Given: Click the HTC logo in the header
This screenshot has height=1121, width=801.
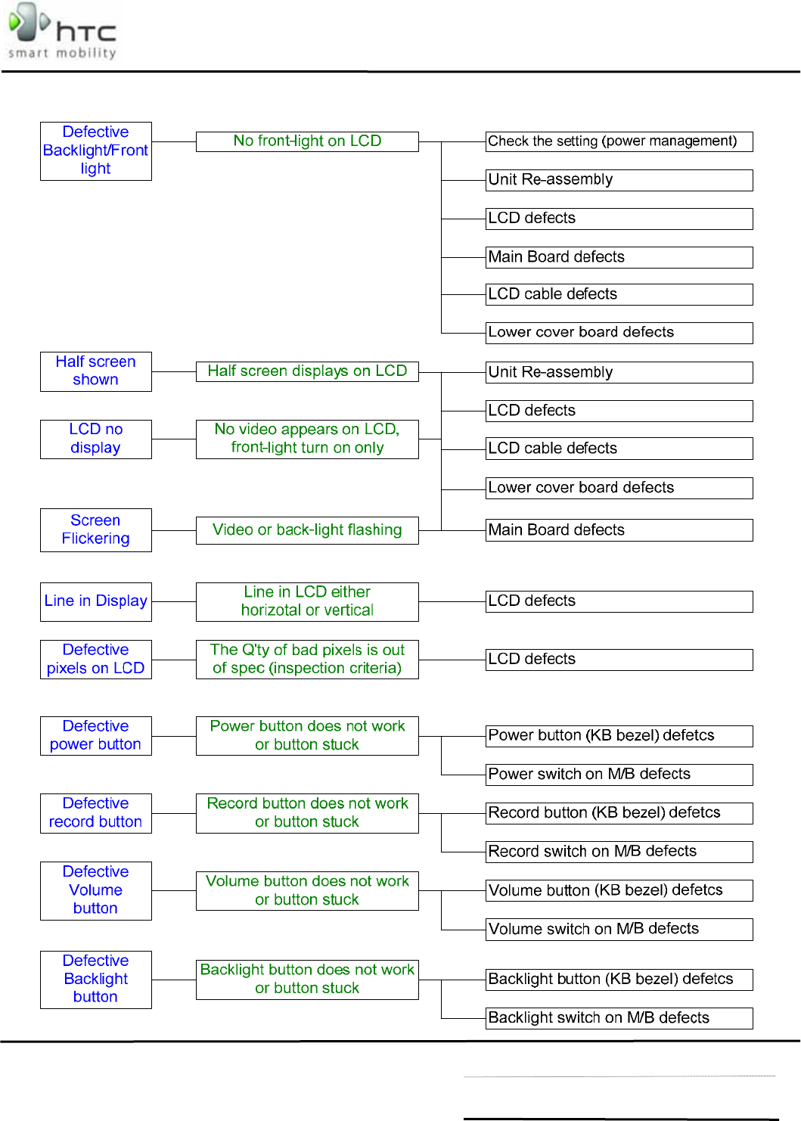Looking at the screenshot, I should (x=62, y=29).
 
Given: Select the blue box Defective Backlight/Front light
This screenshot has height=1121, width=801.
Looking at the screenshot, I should (x=96, y=151).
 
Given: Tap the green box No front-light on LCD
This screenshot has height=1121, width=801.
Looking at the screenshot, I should (x=307, y=141).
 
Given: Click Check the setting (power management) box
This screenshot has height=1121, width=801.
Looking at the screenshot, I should (x=619, y=141).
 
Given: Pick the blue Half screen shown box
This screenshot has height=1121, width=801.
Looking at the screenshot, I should (x=96, y=371).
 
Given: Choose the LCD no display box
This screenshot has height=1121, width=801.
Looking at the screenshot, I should (x=96, y=439).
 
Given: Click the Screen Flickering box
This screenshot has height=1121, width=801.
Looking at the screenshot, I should (x=96, y=529).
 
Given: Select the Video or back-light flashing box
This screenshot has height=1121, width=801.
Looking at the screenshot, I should (x=307, y=530).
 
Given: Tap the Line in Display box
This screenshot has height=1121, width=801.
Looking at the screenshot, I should (x=96, y=601).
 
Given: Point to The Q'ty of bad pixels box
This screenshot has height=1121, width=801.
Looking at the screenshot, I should (x=307, y=659).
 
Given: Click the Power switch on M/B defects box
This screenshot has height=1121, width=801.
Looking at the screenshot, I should (x=619, y=775).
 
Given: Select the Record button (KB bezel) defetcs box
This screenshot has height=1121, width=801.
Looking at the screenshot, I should (x=619, y=813).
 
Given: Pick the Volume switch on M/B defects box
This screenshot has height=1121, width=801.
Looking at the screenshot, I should (x=619, y=929).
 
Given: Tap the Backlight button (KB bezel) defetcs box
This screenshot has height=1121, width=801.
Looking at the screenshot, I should (x=619, y=980).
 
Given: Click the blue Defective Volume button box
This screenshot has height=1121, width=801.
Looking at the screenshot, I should (x=96, y=890).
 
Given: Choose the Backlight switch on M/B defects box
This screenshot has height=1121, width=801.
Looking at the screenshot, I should (x=619, y=1018).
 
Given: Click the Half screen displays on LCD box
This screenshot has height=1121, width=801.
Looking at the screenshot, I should (x=307, y=371).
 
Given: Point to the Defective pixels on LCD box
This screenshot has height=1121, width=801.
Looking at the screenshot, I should (x=96, y=659).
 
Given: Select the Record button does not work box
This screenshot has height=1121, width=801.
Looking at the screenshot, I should (x=307, y=813).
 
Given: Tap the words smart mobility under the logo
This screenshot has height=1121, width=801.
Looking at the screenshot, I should (x=62, y=53).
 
